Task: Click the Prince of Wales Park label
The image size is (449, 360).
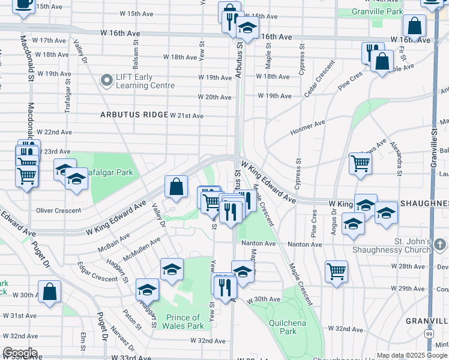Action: [182, 322]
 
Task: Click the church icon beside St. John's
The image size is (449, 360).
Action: [440, 245]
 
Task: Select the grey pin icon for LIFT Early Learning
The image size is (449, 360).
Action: [107, 80]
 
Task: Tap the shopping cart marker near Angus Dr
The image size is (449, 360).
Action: [360, 163]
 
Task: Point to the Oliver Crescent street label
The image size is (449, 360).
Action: [58, 211]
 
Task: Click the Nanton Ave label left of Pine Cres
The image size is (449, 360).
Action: [259, 244]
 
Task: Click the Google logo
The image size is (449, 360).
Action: [20, 353]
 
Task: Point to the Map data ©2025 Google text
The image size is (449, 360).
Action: [412, 355]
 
